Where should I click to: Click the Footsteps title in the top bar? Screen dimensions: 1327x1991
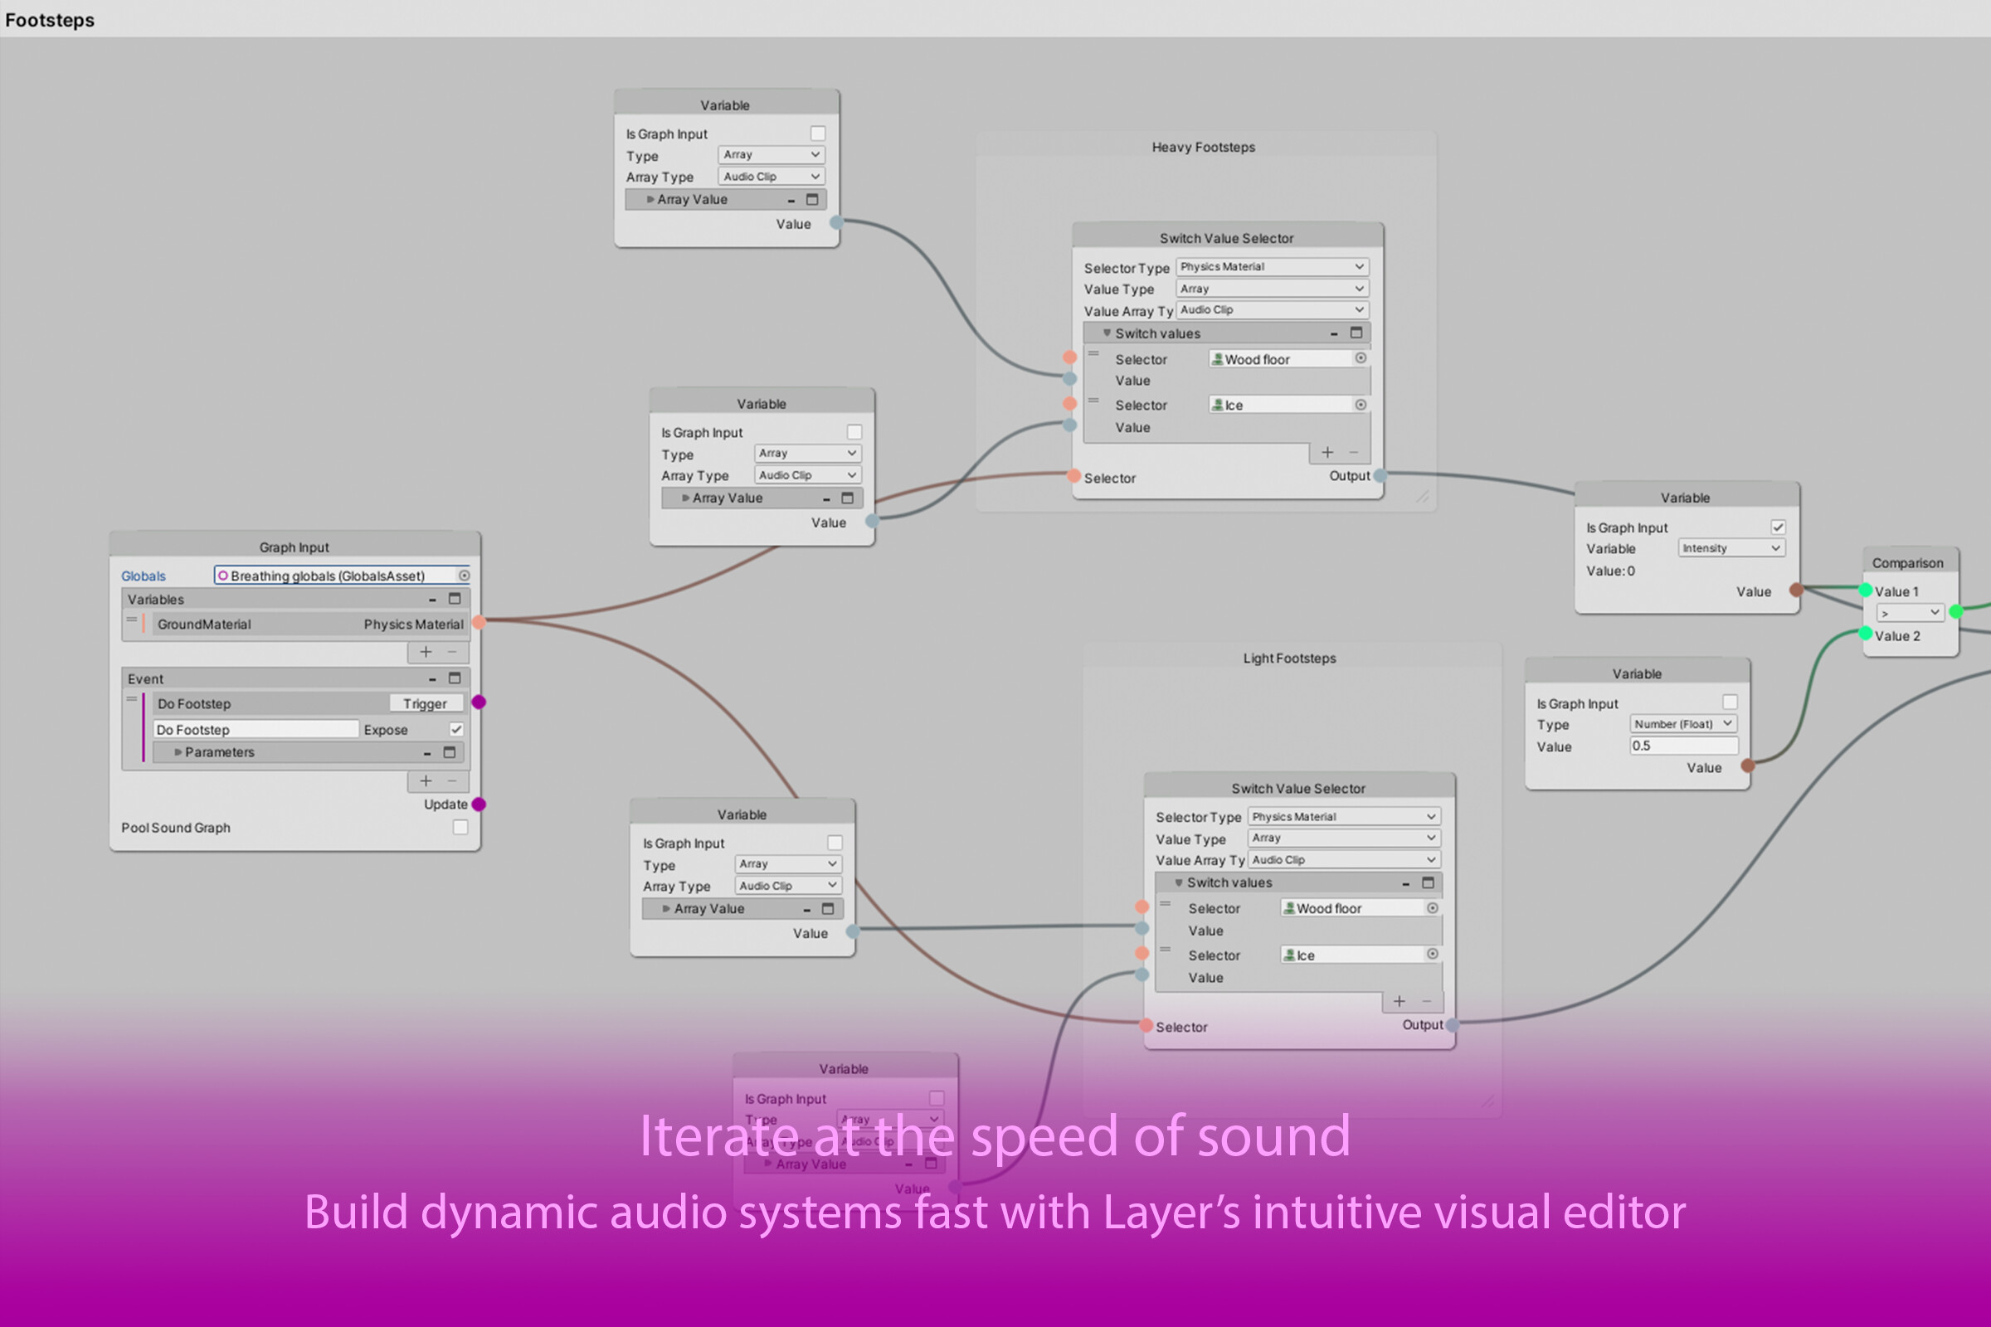point(49,19)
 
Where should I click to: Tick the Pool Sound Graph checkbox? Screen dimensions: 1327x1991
point(460,827)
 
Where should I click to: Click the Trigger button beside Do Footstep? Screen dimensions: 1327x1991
point(425,703)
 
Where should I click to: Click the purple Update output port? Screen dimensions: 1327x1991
point(479,804)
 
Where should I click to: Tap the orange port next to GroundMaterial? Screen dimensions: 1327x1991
point(479,623)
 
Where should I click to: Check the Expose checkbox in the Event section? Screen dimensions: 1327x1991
point(456,729)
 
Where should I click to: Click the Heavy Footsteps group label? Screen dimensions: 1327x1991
point(1203,148)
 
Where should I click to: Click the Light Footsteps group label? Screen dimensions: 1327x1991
point(1288,659)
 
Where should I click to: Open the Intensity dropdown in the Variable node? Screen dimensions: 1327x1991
point(1731,548)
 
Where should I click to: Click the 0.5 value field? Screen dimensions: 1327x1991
point(1683,746)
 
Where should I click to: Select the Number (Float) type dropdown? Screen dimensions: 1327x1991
point(1683,723)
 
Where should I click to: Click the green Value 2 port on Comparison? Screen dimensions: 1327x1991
point(1865,633)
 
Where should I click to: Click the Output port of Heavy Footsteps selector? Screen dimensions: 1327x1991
point(1380,475)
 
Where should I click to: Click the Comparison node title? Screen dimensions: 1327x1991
point(1907,563)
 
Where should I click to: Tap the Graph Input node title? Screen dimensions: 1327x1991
point(294,547)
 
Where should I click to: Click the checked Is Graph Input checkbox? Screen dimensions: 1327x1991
point(1778,527)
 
